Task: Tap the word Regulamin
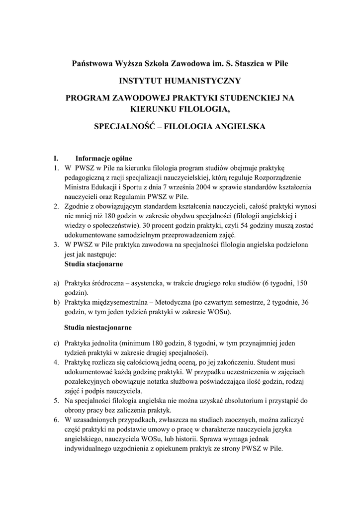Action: pos(121,196)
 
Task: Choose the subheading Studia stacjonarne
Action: pos(94,263)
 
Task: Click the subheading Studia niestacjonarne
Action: pos(98,328)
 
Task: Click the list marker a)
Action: pos(57,283)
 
